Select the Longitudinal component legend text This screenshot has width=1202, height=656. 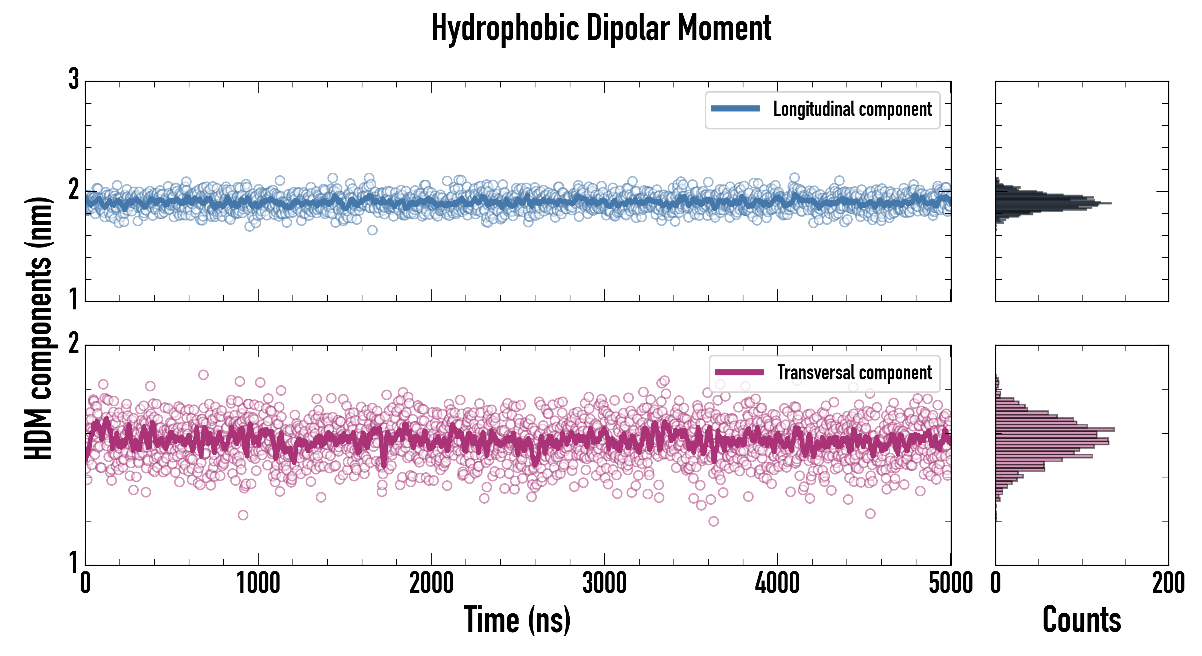click(x=852, y=109)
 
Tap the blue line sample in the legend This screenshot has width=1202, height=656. click(x=735, y=109)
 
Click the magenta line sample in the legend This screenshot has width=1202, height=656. click(x=739, y=372)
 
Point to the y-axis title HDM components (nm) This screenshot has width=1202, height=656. click(x=38, y=328)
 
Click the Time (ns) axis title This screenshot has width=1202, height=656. click(x=517, y=620)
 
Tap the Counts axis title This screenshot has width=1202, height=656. click(x=1081, y=620)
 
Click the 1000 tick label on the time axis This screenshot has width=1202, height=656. click(x=258, y=583)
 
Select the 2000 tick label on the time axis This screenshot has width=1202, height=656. click(x=431, y=583)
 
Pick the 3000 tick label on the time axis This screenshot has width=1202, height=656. click(x=604, y=583)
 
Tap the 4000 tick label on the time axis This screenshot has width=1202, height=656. click(x=777, y=583)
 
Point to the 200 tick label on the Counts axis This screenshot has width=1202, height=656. click(x=1168, y=583)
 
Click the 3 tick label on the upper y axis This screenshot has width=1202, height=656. click(x=74, y=79)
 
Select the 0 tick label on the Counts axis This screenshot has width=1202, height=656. click(x=996, y=583)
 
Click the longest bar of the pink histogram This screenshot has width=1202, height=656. click(x=1054, y=429)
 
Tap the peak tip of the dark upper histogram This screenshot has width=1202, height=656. click(x=1111, y=203)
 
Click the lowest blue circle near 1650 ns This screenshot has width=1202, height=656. click(x=372, y=230)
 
